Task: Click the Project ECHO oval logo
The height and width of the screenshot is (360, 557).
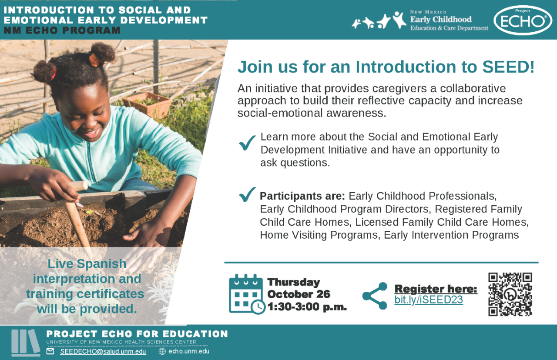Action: point(523,20)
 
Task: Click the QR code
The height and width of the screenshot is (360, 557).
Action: point(510,294)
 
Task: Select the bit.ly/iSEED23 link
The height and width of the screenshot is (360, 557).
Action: point(428,300)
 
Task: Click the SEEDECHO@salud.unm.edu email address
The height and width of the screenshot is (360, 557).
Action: point(103,351)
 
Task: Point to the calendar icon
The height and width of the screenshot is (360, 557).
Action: point(246,294)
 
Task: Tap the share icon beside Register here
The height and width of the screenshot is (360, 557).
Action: point(375,296)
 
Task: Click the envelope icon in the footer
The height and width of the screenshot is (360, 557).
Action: point(50,351)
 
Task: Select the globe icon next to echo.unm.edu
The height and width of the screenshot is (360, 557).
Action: point(162,351)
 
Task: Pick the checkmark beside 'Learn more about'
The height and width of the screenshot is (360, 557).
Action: point(247,143)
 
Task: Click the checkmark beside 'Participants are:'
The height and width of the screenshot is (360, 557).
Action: point(247,194)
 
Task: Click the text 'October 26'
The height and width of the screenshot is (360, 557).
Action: point(299,294)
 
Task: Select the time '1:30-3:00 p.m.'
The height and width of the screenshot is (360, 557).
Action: point(307,307)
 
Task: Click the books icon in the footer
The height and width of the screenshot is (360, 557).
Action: point(26,342)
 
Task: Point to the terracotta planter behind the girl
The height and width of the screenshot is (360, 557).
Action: point(148,104)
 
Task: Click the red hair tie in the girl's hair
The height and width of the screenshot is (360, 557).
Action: point(53,72)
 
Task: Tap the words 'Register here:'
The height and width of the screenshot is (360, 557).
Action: point(436,289)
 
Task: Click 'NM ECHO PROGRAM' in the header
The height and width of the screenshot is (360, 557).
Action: point(62,30)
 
